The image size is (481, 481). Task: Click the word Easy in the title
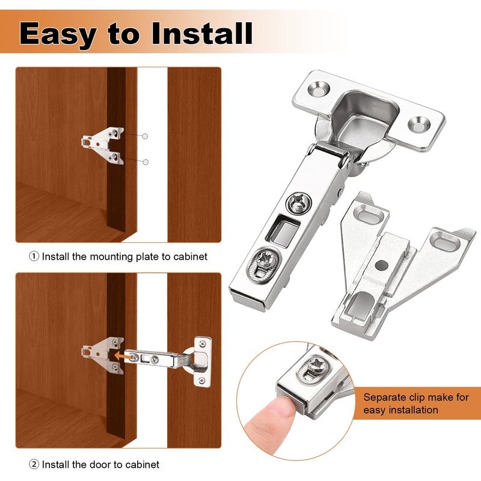pyautogui.click(x=58, y=33)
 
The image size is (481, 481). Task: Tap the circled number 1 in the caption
pyautogui.click(x=34, y=257)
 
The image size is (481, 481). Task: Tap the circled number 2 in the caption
pyautogui.click(x=34, y=465)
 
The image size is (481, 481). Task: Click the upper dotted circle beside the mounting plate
pyautogui.click(x=144, y=136)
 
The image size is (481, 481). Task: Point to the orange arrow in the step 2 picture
pyautogui.click(x=125, y=356)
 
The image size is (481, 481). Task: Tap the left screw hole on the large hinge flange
pyautogui.click(x=319, y=91)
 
